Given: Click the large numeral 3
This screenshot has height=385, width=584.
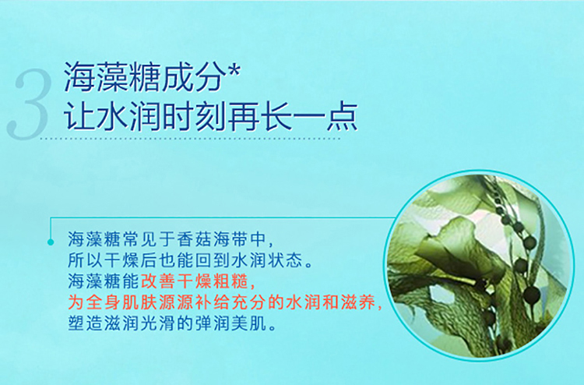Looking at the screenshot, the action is point(29,104).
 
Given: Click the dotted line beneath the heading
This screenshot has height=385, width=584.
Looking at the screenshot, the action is point(190,138).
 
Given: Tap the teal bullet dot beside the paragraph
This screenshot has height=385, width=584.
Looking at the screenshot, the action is point(51,242).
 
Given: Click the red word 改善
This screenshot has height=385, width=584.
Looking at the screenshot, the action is point(158,282).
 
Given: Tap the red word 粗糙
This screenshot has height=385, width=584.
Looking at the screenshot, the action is point(231,282).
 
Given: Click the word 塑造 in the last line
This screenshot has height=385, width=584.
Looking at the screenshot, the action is point(85,324).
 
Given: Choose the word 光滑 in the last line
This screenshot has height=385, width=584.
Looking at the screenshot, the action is point(158,324).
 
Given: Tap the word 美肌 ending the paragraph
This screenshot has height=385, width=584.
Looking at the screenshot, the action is point(249,324).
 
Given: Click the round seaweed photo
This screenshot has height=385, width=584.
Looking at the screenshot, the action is point(479,266).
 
